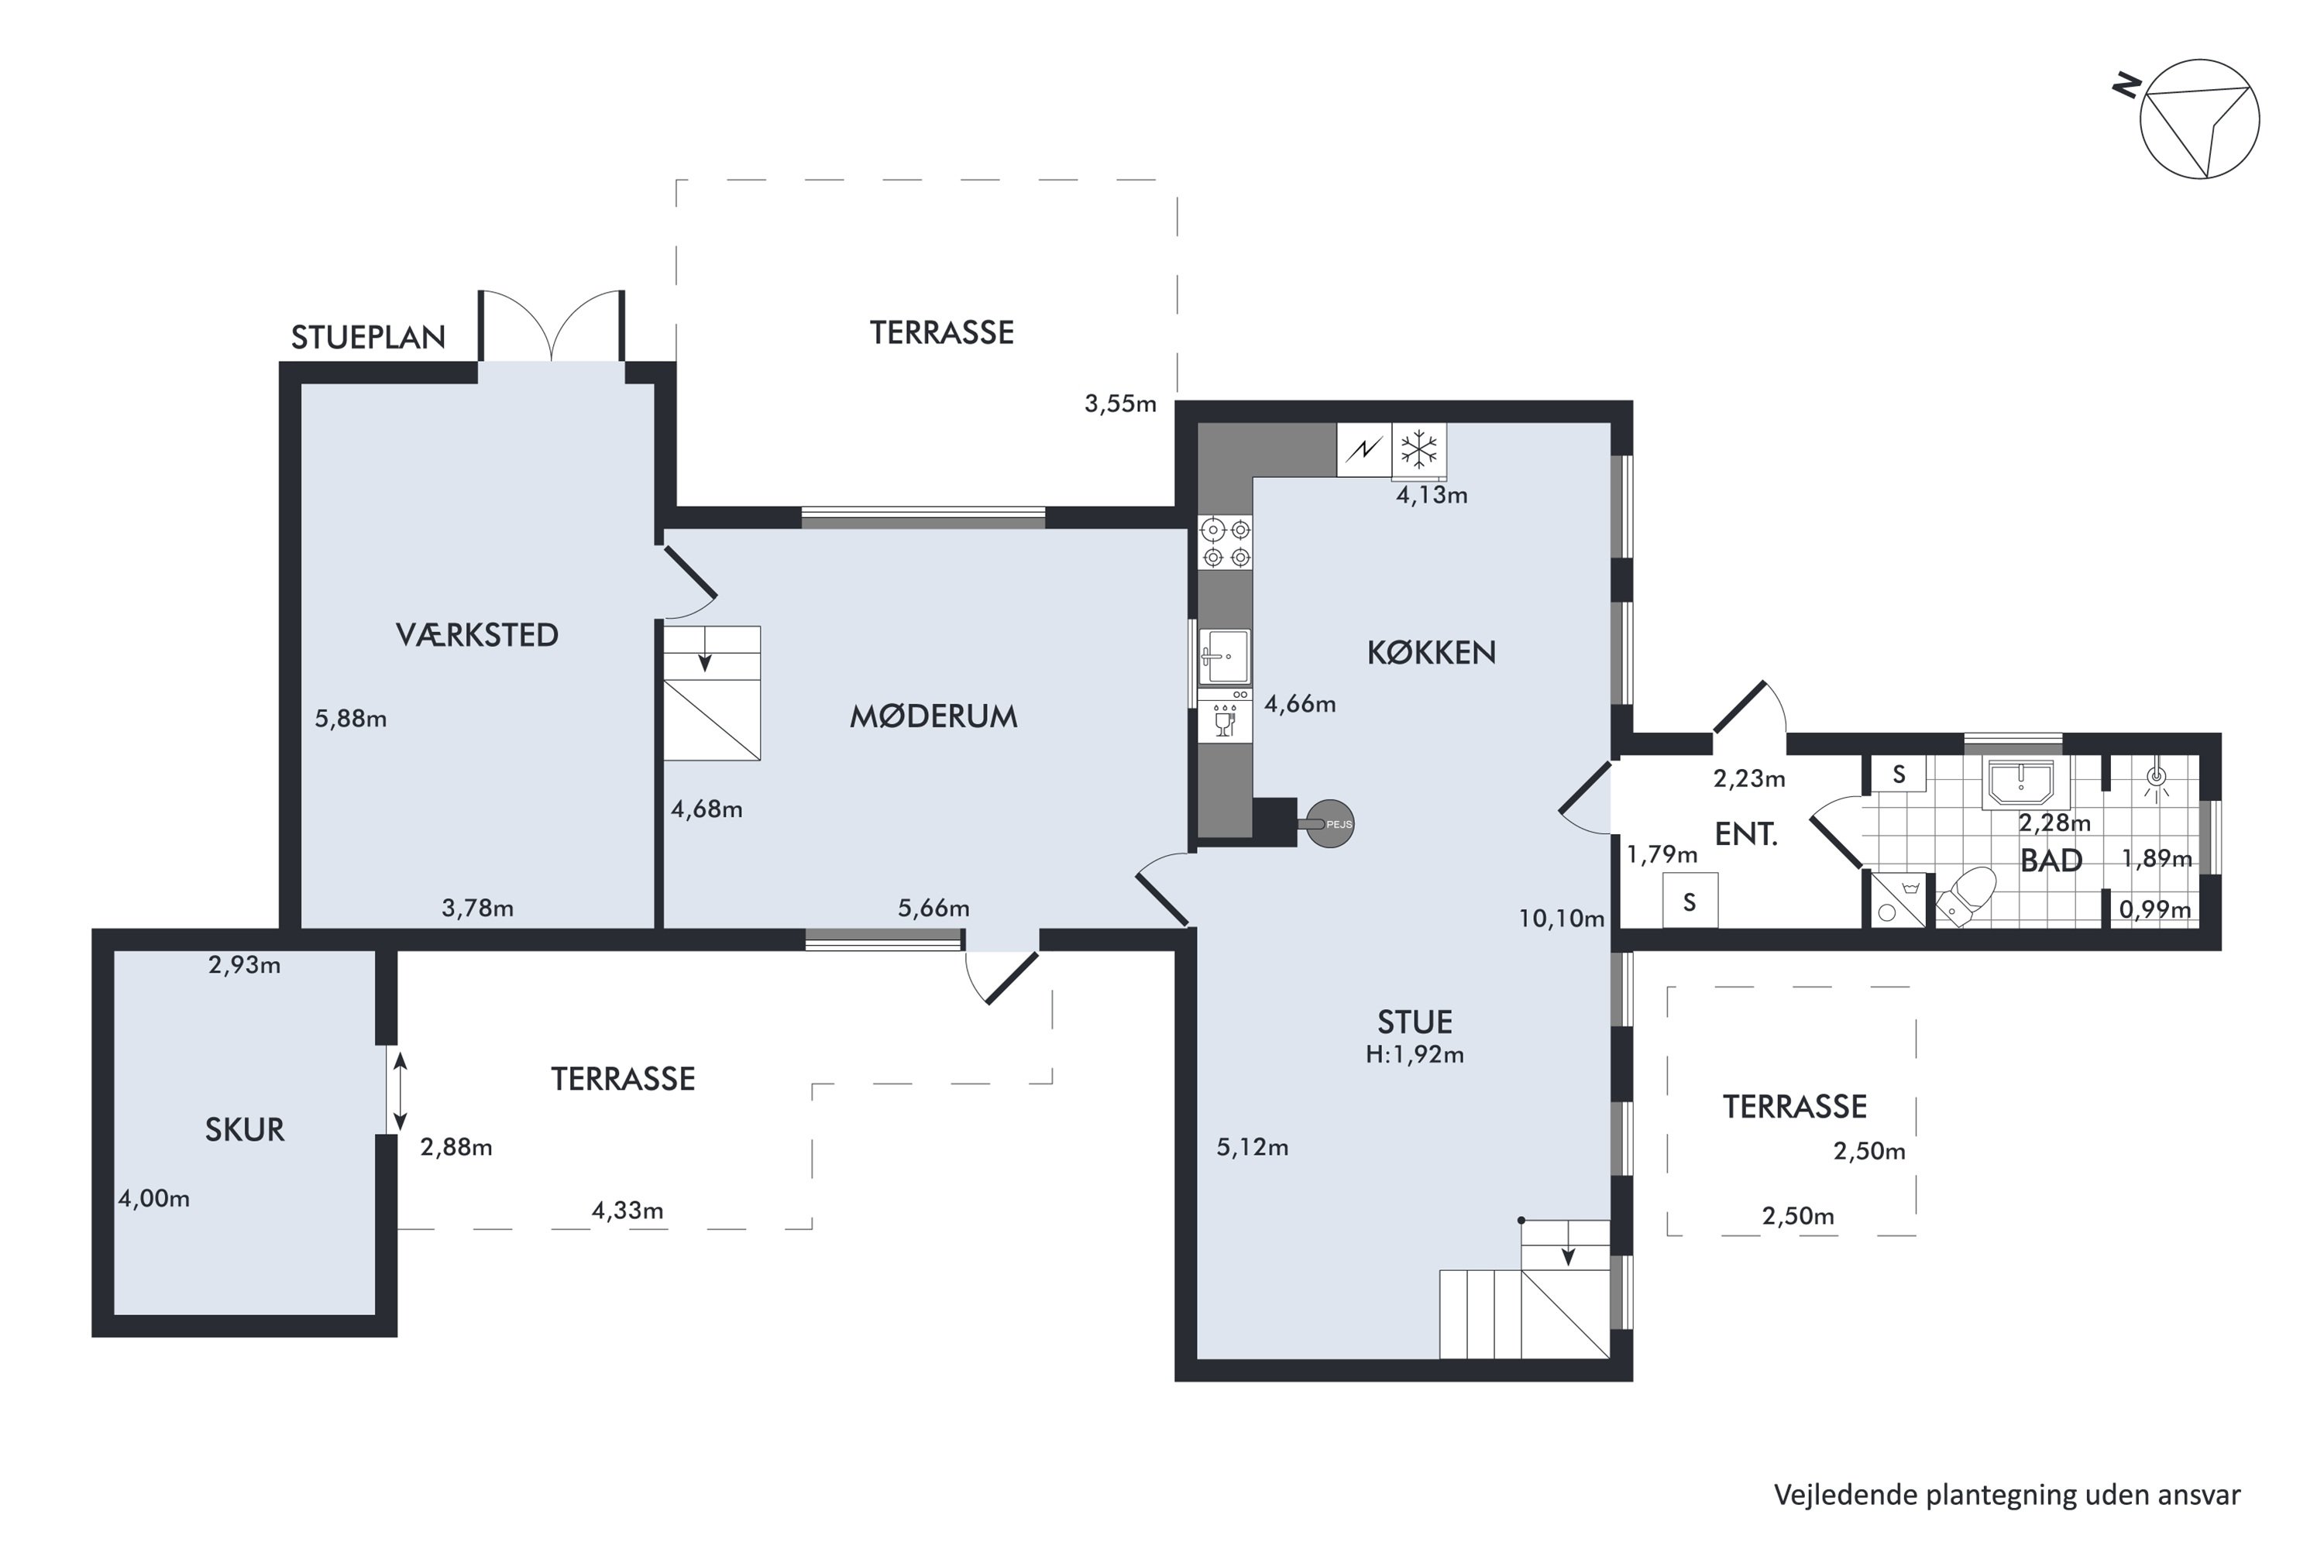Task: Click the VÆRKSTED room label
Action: [x=477, y=635]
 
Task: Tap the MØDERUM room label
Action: [x=933, y=716]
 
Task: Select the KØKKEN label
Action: [x=1431, y=652]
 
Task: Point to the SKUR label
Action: [x=244, y=1129]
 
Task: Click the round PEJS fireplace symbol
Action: [x=1330, y=824]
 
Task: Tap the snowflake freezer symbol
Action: [x=1420, y=449]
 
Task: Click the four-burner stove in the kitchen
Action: [x=1226, y=542]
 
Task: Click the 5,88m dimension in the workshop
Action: [x=351, y=720]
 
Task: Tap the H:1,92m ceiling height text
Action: [x=1415, y=1055]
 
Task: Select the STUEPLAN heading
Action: [x=367, y=338]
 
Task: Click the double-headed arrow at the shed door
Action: [x=401, y=1091]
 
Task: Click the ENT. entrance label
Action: [x=1746, y=835]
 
